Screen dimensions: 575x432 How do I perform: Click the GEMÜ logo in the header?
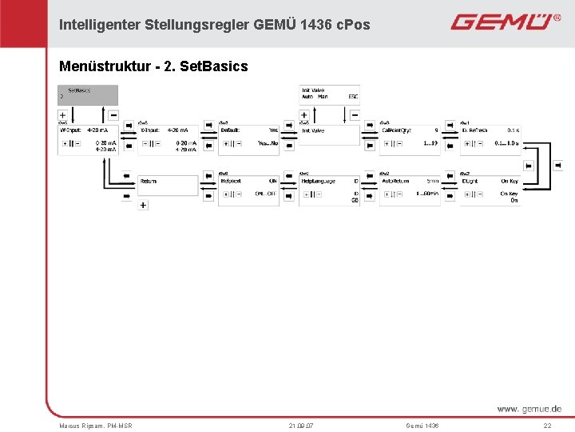click(x=505, y=22)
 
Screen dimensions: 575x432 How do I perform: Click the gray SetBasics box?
click(x=88, y=94)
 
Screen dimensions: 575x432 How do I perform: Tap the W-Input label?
click(x=73, y=129)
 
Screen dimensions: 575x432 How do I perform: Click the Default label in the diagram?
click(x=231, y=129)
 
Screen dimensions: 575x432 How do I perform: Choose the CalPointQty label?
click(x=397, y=129)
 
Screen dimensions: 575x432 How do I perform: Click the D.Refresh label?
click(x=474, y=129)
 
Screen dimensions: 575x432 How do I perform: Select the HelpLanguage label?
click(x=318, y=181)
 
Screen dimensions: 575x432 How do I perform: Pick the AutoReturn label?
click(x=395, y=181)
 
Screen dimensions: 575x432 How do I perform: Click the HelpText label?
click(x=231, y=181)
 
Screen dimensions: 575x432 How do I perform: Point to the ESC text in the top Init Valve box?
click(x=353, y=97)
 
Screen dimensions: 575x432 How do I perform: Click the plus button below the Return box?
click(x=143, y=206)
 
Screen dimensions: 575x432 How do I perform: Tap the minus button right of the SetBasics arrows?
click(x=113, y=115)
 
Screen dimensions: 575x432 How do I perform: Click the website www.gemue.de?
click(x=529, y=409)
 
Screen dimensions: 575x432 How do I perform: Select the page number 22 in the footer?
click(x=547, y=426)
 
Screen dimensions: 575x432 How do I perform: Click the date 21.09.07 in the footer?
click(x=301, y=426)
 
